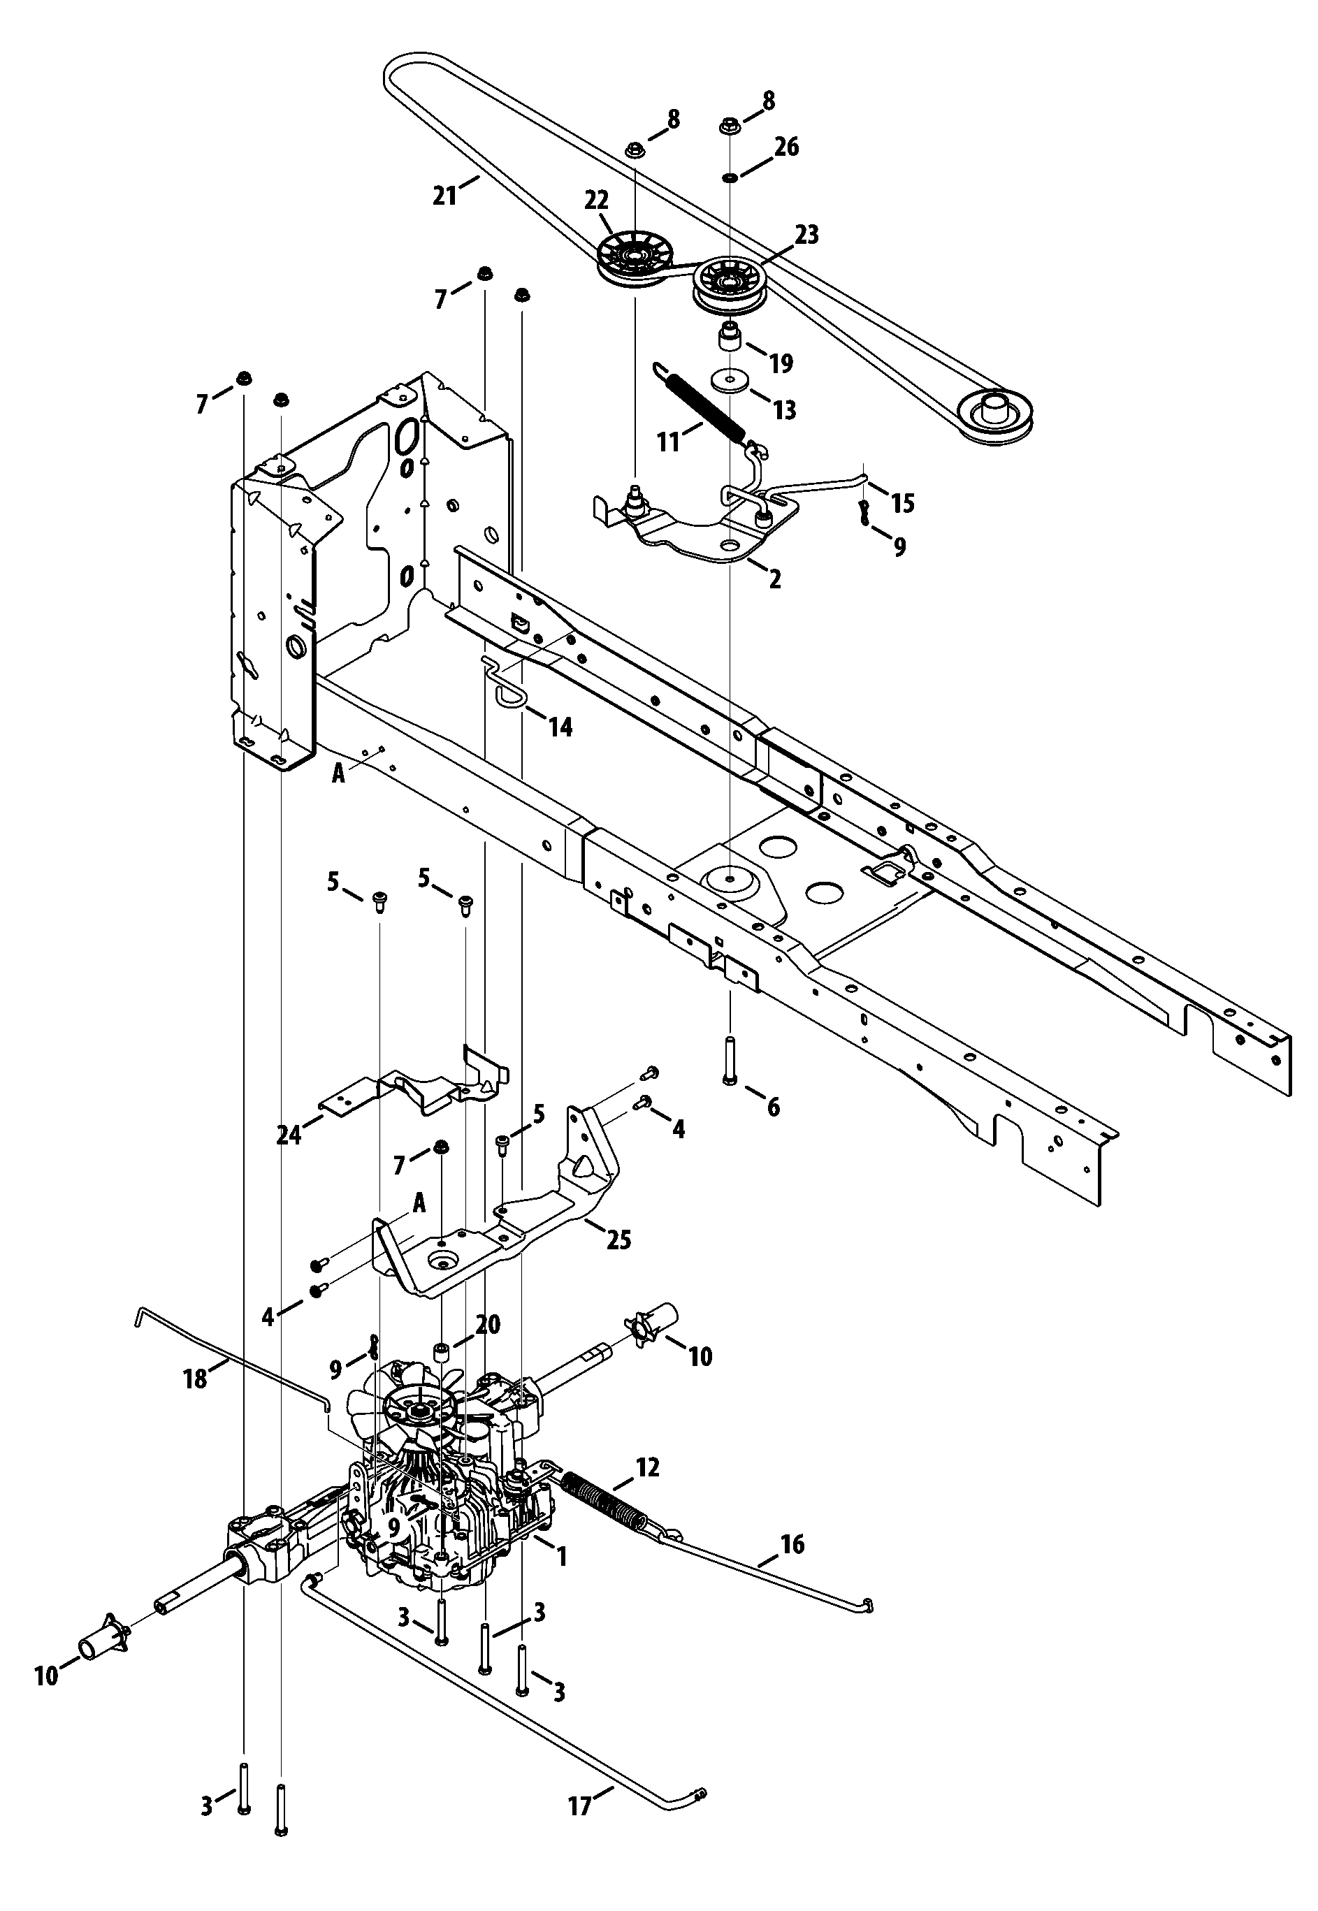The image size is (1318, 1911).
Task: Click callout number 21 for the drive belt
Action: pyautogui.click(x=444, y=196)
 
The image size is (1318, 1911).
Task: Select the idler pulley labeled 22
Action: pyautogui.click(x=633, y=260)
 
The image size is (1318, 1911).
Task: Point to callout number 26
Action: pyautogui.click(x=786, y=147)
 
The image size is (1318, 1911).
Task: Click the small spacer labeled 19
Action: pyautogui.click(x=730, y=337)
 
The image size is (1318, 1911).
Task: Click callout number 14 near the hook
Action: pyautogui.click(x=560, y=727)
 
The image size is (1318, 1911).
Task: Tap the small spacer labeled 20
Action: pyautogui.click(x=444, y=1354)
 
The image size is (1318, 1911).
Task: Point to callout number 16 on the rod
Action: pyautogui.click(x=792, y=1543)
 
